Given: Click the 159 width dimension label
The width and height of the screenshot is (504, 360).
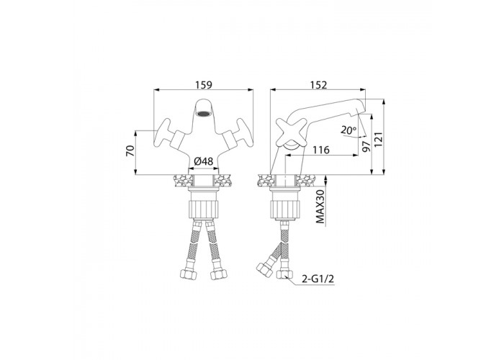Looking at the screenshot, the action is pos(204,85).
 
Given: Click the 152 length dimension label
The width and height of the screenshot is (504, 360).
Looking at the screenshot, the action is pos(318,85).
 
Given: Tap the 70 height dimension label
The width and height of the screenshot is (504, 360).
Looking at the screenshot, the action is pos(130,150).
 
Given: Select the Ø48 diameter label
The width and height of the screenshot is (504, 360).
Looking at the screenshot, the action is pos(204,161).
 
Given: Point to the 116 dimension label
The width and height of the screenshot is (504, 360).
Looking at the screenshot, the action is pos(321,150).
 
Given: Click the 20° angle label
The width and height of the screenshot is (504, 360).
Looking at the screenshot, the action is pos(348,130).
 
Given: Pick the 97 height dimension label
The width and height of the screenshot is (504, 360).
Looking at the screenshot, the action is pos(366,146).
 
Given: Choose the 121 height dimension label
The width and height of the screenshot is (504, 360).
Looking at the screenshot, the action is pos(379,140).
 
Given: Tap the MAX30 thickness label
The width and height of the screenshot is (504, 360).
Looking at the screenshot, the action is pos(320,205).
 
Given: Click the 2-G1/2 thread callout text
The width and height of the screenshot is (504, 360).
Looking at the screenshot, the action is pos(318,279).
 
